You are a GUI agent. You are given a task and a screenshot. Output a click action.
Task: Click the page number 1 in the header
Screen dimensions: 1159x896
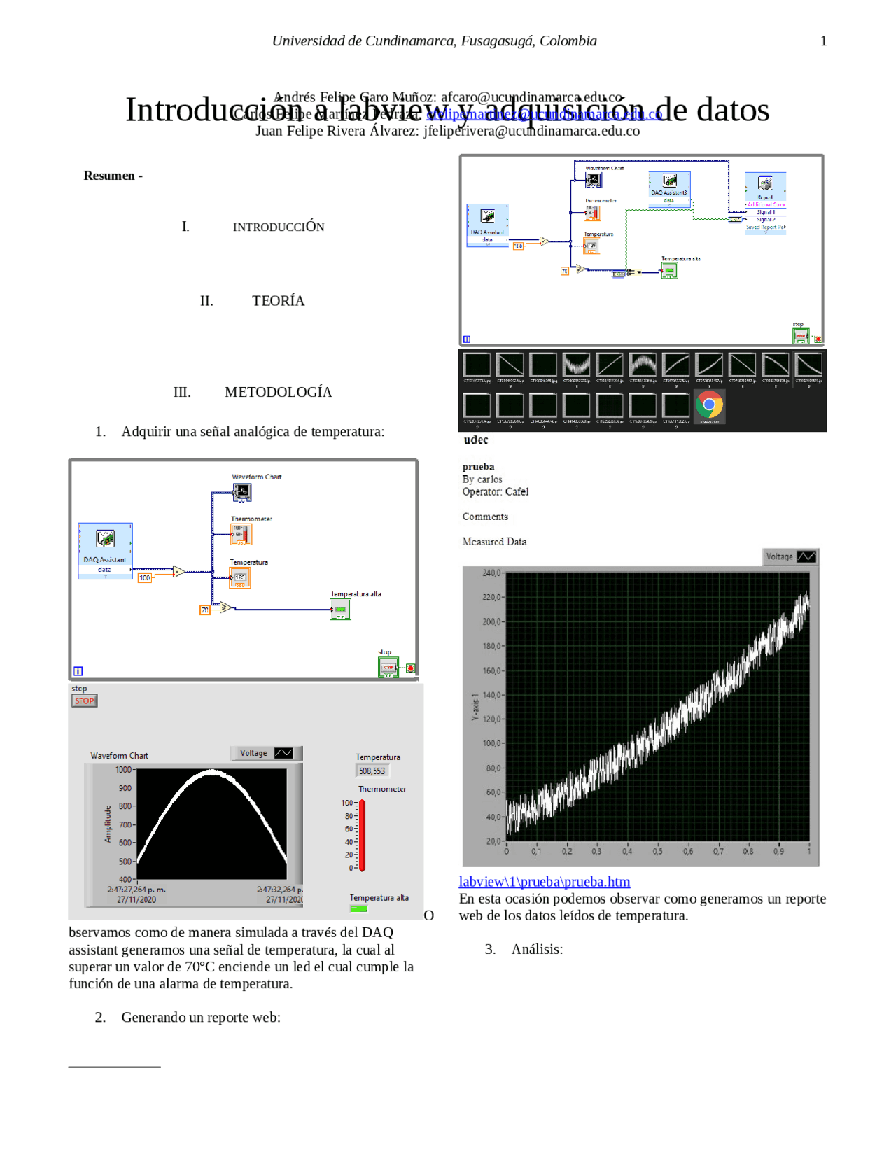(823, 41)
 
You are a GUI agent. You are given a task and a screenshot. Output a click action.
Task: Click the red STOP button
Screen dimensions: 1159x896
(84, 701)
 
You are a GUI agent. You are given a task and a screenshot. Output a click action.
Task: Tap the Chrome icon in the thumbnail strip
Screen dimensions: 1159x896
(709, 405)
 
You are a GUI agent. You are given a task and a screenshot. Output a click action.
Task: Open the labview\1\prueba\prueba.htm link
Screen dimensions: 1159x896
(544, 882)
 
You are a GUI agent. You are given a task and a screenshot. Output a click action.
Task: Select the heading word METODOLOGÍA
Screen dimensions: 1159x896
(278, 393)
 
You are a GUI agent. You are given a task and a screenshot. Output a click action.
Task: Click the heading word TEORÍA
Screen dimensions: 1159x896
(278, 301)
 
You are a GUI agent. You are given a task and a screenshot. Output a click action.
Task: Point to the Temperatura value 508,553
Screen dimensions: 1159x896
(372, 771)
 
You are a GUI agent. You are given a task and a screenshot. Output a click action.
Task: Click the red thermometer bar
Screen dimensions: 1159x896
(362, 836)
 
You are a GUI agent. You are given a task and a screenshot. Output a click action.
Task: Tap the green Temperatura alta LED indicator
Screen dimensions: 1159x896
(358, 908)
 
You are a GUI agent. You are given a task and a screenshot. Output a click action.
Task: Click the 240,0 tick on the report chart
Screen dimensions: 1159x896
(491, 573)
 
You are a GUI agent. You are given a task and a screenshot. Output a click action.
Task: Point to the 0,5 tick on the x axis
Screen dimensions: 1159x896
(657, 852)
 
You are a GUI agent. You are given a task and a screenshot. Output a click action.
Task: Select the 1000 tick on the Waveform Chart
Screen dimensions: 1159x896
(123, 770)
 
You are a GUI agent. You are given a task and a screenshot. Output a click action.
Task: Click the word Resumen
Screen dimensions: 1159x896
(108, 176)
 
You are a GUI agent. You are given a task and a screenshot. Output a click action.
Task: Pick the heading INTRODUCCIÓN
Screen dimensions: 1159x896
(278, 227)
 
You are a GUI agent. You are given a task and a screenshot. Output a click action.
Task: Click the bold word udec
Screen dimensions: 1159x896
(475, 440)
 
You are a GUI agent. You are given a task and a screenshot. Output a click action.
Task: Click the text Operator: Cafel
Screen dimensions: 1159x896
(495, 492)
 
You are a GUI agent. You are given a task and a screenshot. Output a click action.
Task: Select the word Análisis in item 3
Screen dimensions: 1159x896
(536, 950)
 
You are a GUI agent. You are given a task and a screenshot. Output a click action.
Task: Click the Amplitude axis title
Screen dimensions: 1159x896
(108, 823)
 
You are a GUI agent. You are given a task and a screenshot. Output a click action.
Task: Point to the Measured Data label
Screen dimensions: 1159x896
(494, 542)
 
